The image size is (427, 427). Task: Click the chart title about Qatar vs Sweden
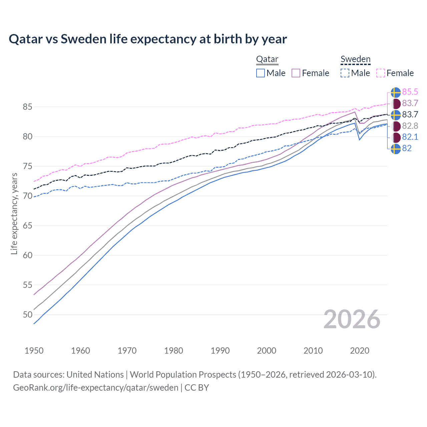(x=148, y=39)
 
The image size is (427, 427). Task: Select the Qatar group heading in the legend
(x=267, y=59)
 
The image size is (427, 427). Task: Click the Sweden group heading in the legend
(x=355, y=59)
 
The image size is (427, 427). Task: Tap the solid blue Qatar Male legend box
(x=261, y=73)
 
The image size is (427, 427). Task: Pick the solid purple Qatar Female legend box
(x=296, y=73)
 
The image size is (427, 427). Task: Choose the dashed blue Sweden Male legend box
(x=345, y=73)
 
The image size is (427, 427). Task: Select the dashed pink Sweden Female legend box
(x=381, y=73)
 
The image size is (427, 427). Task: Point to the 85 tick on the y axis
(x=27, y=107)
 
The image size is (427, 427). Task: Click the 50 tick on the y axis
(x=27, y=315)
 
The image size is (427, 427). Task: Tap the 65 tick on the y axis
(x=27, y=226)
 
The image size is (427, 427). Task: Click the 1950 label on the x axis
(x=34, y=351)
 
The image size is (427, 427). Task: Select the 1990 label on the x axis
(x=220, y=351)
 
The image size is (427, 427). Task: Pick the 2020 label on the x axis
(x=360, y=351)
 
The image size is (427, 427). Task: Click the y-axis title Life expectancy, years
(x=14, y=213)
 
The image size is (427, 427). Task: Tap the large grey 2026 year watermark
(x=352, y=319)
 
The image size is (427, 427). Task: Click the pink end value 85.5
(x=410, y=92)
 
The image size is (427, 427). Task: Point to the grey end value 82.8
(x=410, y=126)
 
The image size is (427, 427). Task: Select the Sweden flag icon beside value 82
(x=396, y=149)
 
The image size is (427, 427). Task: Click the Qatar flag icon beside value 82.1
(x=396, y=137)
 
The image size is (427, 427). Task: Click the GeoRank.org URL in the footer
(x=96, y=388)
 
